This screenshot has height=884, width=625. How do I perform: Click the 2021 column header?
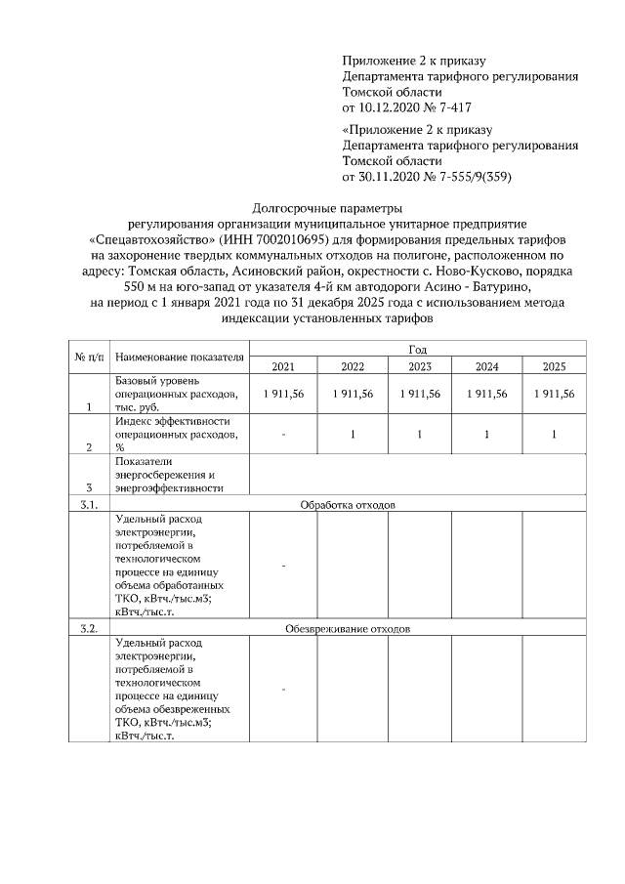click(x=283, y=366)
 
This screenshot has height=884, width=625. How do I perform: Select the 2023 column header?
click(x=419, y=366)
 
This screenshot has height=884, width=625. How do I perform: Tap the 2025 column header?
click(x=554, y=366)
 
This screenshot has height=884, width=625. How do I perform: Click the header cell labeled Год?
click(x=418, y=349)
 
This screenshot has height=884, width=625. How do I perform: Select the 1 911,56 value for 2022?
click(x=352, y=393)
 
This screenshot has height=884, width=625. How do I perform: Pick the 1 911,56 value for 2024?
click(x=486, y=393)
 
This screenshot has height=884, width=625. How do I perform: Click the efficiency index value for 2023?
click(x=419, y=435)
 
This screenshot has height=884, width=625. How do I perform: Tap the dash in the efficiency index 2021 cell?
click(x=283, y=435)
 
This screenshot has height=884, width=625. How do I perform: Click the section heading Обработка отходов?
click(x=348, y=504)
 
